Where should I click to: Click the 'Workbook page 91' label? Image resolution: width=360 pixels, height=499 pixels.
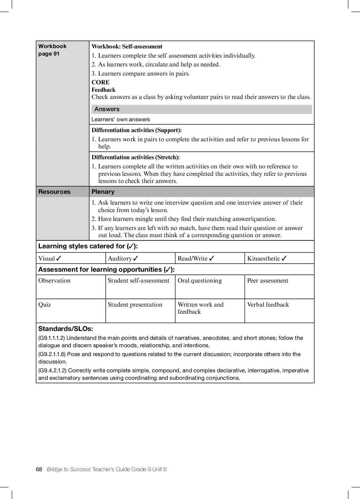pos(52,50)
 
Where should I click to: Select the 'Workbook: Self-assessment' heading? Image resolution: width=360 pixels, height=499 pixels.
pos(127,46)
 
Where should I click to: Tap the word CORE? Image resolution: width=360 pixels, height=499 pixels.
pos(100,82)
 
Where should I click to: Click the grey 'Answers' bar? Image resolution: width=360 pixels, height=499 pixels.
pos(201,109)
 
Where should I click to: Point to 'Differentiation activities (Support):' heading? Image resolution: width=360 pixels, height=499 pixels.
pos(136,130)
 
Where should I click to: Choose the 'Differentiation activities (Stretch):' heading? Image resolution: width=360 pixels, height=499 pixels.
pos(135,157)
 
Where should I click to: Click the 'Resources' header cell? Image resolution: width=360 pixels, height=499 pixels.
pos(54,192)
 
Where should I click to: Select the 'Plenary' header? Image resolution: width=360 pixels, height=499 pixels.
pos(103,192)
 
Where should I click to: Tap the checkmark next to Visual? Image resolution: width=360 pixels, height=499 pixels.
pos(59,258)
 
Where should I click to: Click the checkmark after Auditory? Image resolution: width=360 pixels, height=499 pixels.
pos(136,258)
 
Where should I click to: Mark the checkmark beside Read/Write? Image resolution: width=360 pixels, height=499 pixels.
pos(212,258)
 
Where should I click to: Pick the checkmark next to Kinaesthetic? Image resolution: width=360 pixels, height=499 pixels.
pos(284,258)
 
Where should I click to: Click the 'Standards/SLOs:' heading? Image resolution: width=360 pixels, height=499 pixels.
pos(65,329)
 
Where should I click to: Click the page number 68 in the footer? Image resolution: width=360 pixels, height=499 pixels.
pos(39,469)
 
